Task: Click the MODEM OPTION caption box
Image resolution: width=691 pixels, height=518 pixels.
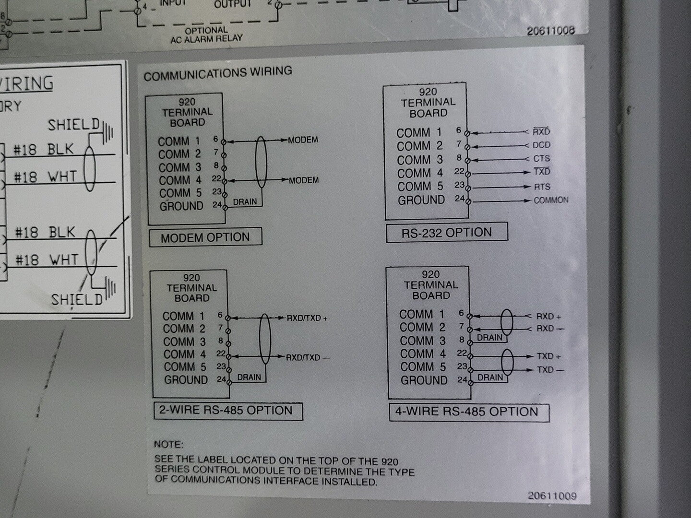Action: click(205, 237)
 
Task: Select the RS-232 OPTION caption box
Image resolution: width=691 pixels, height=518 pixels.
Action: click(447, 233)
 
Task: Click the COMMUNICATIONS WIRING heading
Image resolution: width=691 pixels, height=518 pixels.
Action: click(218, 73)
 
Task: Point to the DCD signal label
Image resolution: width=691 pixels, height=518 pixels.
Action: click(541, 145)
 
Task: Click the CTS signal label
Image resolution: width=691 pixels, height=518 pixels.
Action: click(541, 158)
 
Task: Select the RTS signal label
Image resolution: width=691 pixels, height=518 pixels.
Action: click(542, 187)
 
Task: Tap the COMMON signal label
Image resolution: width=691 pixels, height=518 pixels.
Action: click(551, 200)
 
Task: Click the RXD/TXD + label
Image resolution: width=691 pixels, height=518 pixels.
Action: click(307, 318)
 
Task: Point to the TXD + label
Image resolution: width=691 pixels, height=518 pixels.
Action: click(549, 356)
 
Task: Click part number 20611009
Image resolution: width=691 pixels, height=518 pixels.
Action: click(552, 496)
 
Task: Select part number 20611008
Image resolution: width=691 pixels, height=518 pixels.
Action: click(550, 31)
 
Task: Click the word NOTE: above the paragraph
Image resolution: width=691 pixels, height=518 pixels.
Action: click(168, 445)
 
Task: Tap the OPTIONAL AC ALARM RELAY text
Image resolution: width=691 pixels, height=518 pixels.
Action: click(206, 34)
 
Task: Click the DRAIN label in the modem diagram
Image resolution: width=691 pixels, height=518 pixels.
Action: click(245, 202)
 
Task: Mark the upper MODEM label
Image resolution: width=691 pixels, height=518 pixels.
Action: click(303, 140)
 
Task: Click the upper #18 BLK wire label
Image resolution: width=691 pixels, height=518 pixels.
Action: click(44, 150)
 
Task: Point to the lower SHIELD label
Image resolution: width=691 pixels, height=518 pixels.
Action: click(77, 300)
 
